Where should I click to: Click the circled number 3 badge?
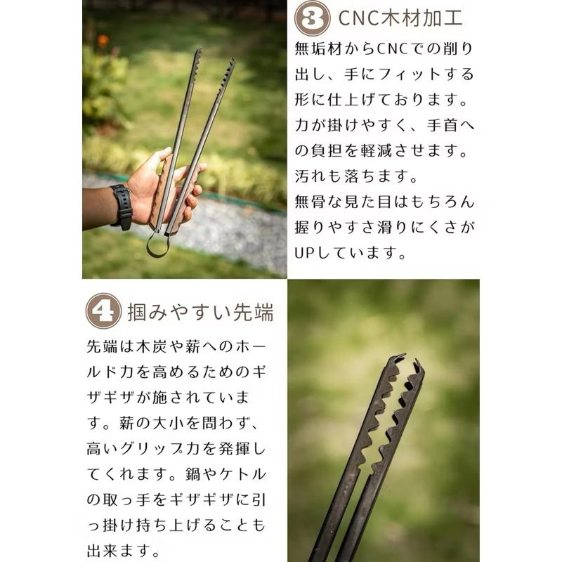[x=312, y=18]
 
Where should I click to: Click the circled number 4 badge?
[x=103, y=311]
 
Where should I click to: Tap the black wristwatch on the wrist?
[x=122, y=207]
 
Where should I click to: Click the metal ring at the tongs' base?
[x=157, y=244]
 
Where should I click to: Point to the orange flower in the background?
[x=103, y=40]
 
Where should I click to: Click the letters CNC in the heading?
[x=359, y=18]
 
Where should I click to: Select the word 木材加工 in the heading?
[x=421, y=18]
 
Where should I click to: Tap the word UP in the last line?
[x=304, y=253]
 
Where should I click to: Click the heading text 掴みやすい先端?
[x=201, y=311]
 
